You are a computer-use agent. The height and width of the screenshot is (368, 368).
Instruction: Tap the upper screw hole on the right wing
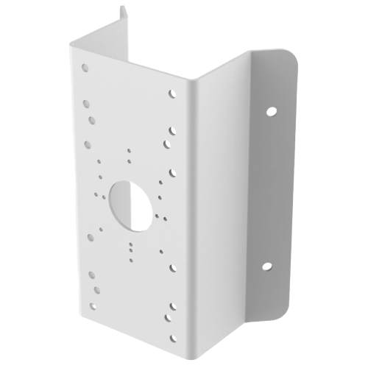coord(272,113)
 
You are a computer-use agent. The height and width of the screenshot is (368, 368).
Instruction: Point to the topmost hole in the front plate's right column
coord(172,94)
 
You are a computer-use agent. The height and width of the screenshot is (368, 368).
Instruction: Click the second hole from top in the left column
coord(88,104)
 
